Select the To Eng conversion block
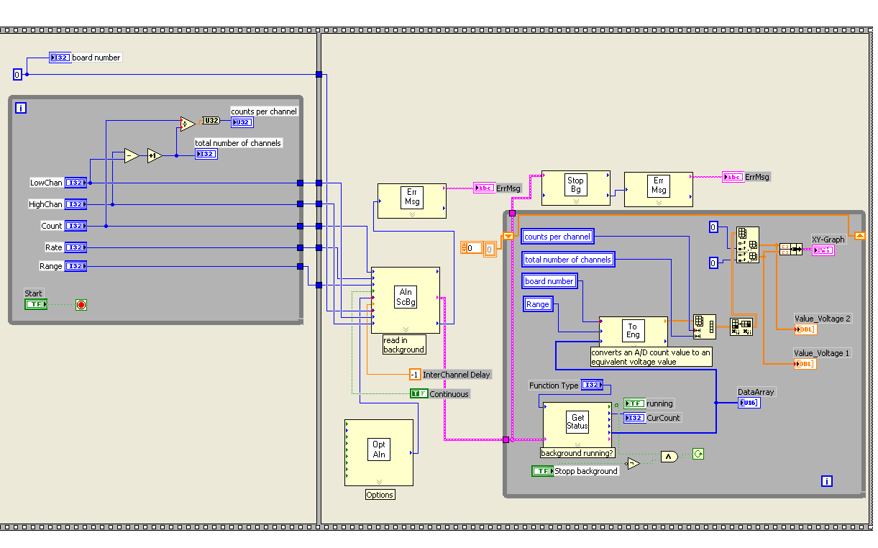[633, 331]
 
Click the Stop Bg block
[575, 188]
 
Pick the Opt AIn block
[379, 452]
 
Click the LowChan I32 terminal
[76, 183]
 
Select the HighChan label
[45, 204]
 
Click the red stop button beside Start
[81, 305]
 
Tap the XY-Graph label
[828, 239]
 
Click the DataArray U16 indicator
[749, 403]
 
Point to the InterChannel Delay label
[456, 375]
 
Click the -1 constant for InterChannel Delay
[414, 375]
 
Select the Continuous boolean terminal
[419, 394]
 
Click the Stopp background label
[586, 471]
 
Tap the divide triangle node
[187, 124]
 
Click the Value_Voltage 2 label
[822, 319]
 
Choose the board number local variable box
[549, 281]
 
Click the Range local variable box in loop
[538, 304]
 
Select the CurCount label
[664, 418]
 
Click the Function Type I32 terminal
[592, 385]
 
